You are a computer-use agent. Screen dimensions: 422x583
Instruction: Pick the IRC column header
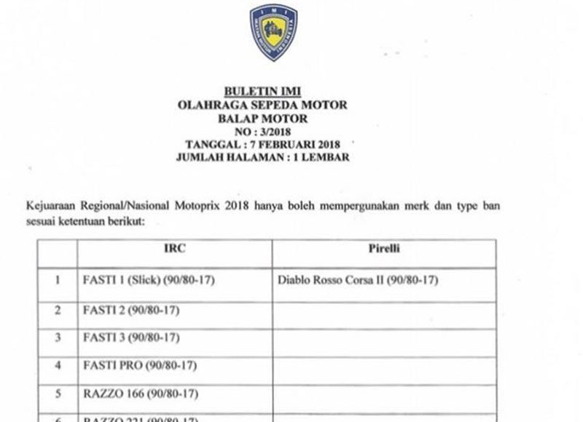174,250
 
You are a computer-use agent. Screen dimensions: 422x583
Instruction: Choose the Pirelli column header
383,250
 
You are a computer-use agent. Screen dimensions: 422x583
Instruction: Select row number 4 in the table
57,366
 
